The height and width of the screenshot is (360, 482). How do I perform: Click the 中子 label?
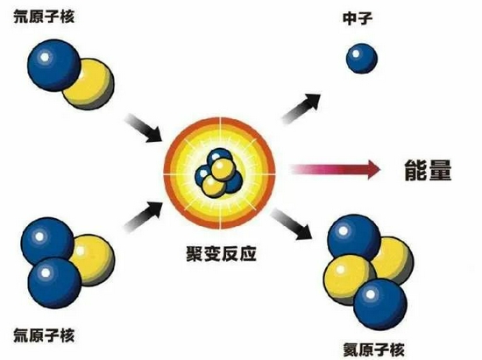click(358, 18)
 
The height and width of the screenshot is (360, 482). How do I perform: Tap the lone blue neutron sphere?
click(362, 59)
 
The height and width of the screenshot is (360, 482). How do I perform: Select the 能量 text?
click(428, 170)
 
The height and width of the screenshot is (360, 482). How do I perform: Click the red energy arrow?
click(336, 169)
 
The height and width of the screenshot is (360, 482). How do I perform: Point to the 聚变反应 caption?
click(222, 254)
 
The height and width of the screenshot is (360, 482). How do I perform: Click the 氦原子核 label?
click(373, 349)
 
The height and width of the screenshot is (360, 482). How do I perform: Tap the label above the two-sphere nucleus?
click(44, 17)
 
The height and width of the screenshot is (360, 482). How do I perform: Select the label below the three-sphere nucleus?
click(44, 335)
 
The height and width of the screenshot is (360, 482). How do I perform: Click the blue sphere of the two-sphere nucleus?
click(53, 65)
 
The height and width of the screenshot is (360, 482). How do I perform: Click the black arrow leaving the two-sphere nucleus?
click(144, 128)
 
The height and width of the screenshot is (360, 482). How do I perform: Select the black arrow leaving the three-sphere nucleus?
click(144, 216)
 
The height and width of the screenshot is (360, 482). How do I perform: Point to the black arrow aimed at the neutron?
click(301, 109)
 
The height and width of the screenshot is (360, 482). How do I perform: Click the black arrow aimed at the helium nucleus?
click(292, 224)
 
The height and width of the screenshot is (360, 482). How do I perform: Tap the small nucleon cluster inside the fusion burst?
click(219, 173)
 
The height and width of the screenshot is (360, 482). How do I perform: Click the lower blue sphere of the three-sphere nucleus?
click(54, 283)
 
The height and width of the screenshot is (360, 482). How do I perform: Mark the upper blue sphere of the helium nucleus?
click(354, 238)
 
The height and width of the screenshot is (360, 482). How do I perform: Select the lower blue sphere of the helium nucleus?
click(380, 304)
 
